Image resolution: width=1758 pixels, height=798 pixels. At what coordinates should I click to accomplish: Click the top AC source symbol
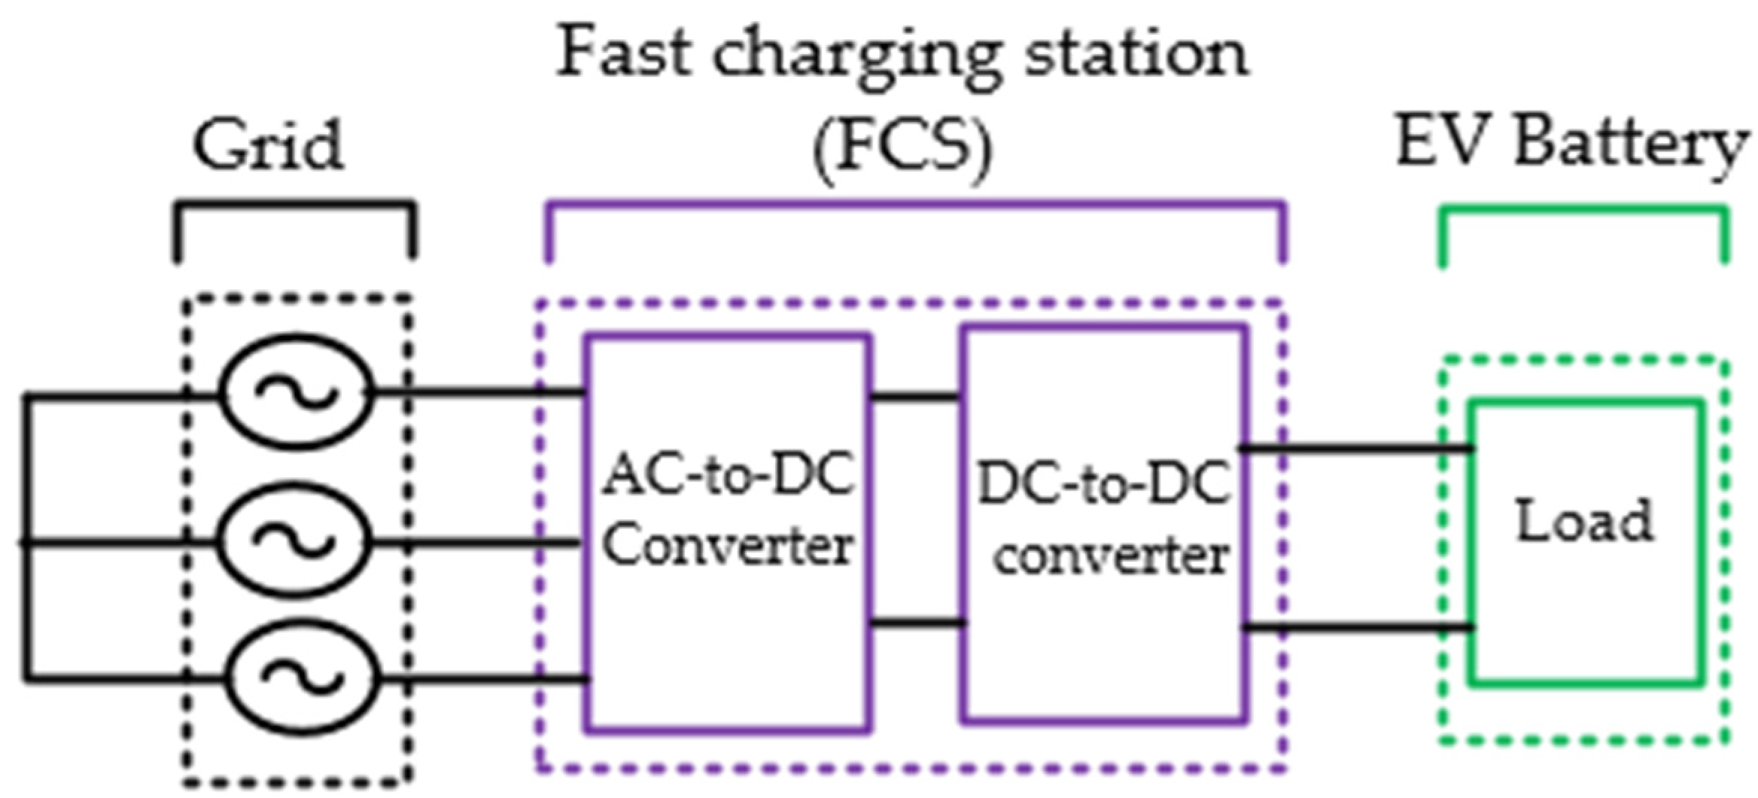coord(296,391)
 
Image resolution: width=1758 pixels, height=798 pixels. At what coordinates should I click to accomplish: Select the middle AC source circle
coord(294,540)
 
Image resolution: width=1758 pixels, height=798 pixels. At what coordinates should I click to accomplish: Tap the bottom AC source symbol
coord(300,676)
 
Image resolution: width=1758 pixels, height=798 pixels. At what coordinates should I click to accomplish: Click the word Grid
coord(269,145)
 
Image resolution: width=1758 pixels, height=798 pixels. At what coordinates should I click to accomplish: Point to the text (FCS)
coord(902,148)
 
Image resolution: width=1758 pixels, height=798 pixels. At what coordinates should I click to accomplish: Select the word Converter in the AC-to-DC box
coord(728,545)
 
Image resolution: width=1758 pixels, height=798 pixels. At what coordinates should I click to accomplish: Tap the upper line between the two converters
coord(915,394)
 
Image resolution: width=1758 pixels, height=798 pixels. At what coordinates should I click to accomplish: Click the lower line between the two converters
coord(915,623)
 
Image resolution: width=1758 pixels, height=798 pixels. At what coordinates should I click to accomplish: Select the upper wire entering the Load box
coord(1355,449)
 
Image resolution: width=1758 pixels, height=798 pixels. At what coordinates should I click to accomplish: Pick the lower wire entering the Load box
coord(1355,626)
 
